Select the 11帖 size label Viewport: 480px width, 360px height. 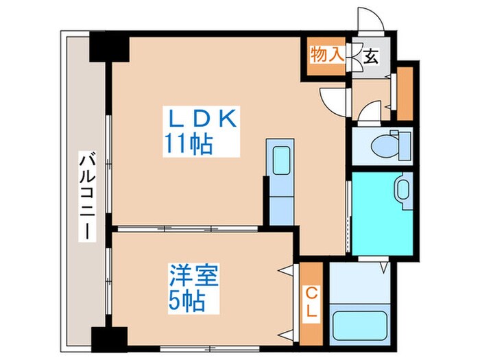186,144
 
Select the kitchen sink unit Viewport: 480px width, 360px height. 281,160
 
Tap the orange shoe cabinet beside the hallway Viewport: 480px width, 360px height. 405,92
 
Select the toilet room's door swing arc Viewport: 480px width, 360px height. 370,112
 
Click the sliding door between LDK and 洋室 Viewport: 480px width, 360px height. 185,228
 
